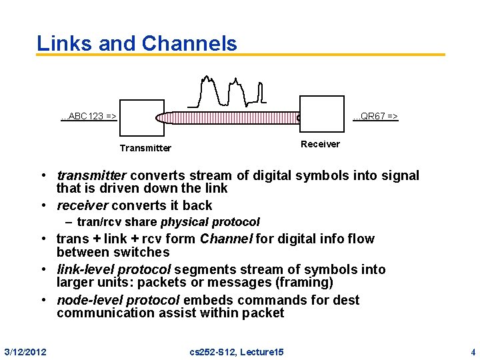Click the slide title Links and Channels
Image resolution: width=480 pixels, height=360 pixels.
137,43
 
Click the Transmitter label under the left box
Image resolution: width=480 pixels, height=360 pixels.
145,148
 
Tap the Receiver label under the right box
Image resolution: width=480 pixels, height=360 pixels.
320,144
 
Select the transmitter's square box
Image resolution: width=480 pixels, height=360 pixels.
141,120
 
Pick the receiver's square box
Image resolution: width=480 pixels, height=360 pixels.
322,116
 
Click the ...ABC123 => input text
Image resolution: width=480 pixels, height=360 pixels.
89,117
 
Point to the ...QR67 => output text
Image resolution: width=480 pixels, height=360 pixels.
375,117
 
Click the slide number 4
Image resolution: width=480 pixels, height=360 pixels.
473,351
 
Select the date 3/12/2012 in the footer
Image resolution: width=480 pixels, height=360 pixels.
25,351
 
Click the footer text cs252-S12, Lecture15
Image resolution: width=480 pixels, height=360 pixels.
237,351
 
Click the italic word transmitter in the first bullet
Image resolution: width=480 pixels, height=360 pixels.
91,175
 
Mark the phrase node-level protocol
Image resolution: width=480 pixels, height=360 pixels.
117,300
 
